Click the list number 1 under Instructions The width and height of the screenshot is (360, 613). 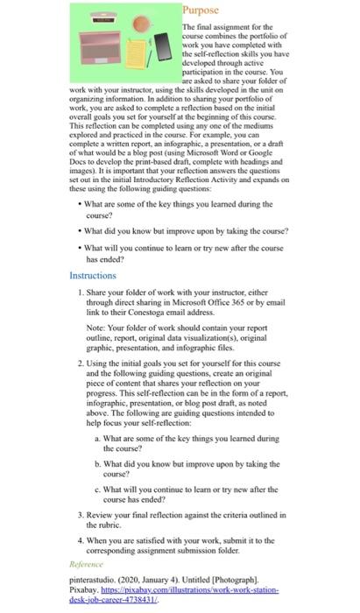point(81,292)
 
